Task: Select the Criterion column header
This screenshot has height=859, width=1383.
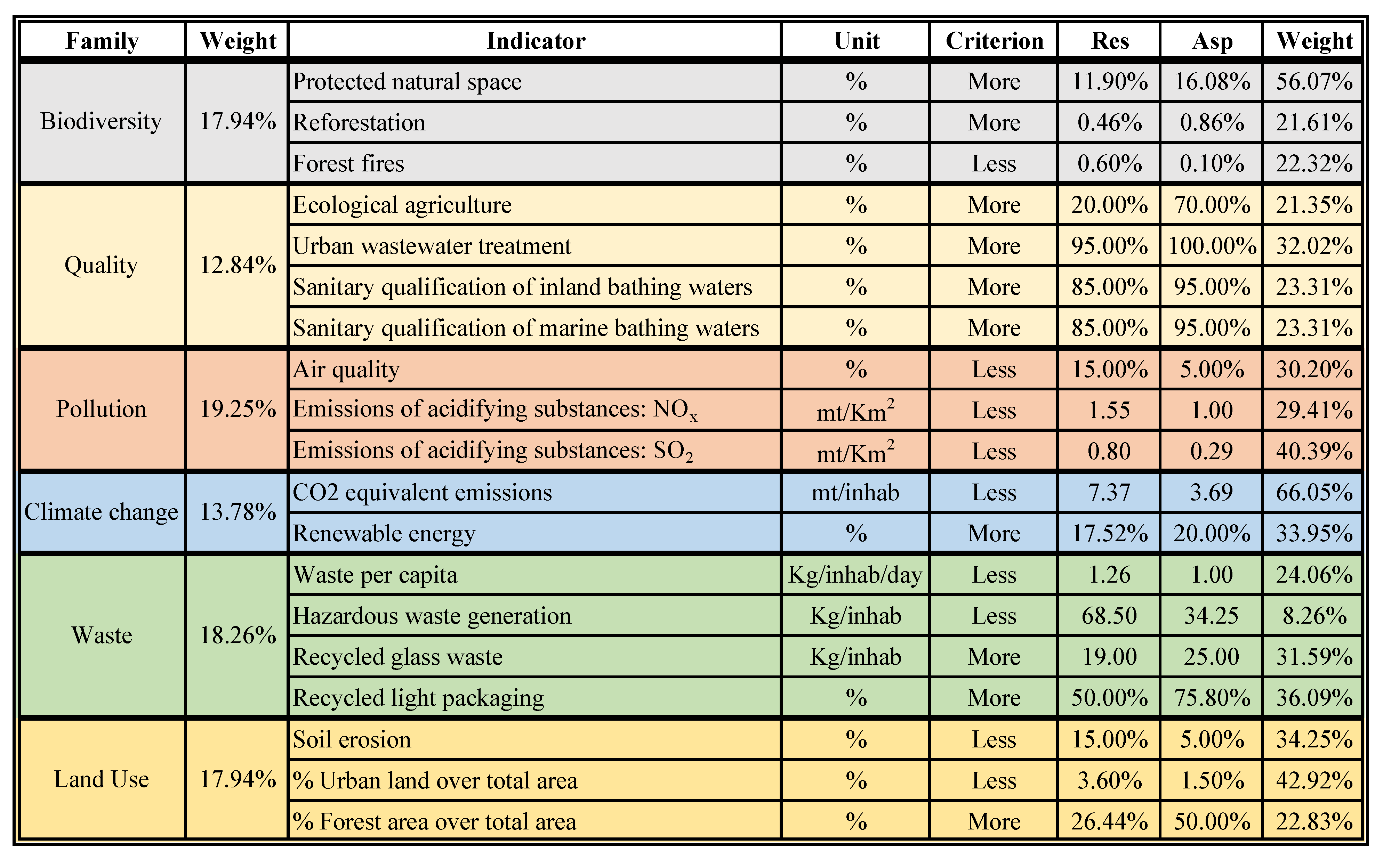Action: (x=994, y=41)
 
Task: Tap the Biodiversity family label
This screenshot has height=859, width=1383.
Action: (x=101, y=122)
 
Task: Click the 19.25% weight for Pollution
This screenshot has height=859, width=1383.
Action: (x=238, y=409)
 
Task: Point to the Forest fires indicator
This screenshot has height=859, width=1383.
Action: (x=348, y=164)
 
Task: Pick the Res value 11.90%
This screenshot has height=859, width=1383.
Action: (x=1109, y=82)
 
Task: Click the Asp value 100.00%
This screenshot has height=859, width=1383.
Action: (x=1212, y=246)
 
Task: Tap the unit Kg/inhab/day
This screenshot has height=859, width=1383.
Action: (x=855, y=575)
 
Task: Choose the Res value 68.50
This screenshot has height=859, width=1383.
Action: (x=1109, y=616)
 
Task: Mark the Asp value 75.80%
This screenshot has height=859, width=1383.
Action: (x=1212, y=698)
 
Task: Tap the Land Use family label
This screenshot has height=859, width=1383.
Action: (x=101, y=779)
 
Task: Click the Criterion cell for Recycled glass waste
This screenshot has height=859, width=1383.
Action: (x=994, y=657)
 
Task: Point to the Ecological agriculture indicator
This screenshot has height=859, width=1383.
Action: (x=402, y=205)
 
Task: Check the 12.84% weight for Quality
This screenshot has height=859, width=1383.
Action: (x=238, y=265)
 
